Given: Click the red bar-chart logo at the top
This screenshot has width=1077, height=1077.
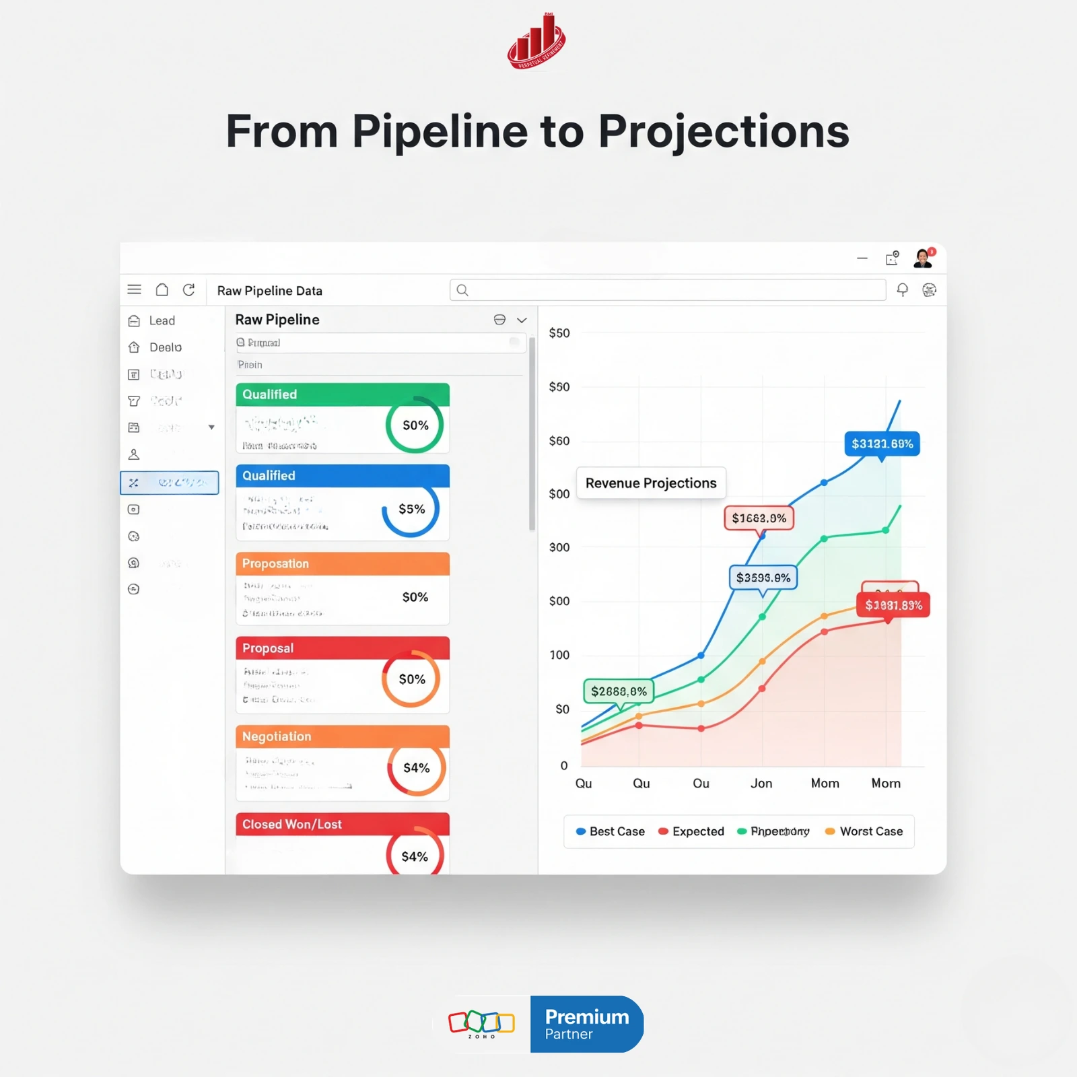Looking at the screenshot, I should (536, 42).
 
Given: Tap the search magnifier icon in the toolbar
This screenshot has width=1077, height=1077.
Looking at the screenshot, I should (462, 290).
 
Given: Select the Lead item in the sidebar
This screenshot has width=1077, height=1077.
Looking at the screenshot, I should (162, 321).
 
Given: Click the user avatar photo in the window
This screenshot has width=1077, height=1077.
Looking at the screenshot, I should (923, 258).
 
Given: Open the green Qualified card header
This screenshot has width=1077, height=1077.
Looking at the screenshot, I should (342, 394).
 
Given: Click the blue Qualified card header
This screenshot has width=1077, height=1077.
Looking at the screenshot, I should (342, 476).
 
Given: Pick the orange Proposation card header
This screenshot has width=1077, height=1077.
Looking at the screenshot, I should (342, 564).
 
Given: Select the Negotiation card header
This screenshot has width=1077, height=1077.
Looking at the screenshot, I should (342, 736).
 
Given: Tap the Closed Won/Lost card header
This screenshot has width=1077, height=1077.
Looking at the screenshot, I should (342, 825).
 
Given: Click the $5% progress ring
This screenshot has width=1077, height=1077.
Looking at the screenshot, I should (411, 510).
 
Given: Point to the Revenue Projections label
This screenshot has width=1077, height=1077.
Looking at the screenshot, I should (651, 483).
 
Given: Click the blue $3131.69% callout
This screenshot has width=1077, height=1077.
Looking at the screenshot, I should (882, 444).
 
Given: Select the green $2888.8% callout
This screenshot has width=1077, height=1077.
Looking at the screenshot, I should (619, 691).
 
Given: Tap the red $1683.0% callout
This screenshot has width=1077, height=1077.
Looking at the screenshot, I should (759, 518).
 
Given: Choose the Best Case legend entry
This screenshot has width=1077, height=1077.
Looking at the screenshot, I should (611, 831).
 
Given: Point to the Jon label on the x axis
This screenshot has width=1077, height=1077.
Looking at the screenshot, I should (761, 784).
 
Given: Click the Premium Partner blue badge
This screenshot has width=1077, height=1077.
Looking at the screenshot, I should (586, 1024).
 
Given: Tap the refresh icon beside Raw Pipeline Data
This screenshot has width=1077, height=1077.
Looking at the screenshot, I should (189, 290).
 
